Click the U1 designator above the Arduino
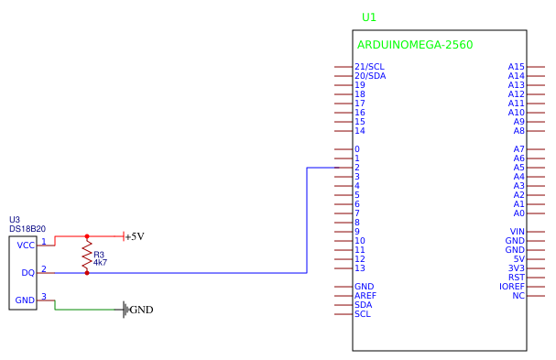[x=369, y=17]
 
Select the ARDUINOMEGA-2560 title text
[x=414, y=45]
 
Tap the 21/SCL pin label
[x=369, y=67]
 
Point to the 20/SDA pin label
[x=370, y=76]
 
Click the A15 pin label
[x=517, y=67]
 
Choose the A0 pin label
[x=518, y=213]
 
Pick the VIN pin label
[x=518, y=232]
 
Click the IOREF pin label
[x=512, y=287]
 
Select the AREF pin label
[x=365, y=296]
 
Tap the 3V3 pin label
[x=518, y=268]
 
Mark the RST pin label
[x=517, y=278]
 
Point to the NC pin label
[x=518, y=296]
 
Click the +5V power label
[x=135, y=236]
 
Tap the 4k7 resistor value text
[x=100, y=263]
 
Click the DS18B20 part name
[x=27, y=229]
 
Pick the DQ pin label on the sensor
[x=27, y=273]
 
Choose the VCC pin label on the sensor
[x=26, y=245]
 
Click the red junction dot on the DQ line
[x=87, y=273]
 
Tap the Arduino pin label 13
[x=360, y=268]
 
